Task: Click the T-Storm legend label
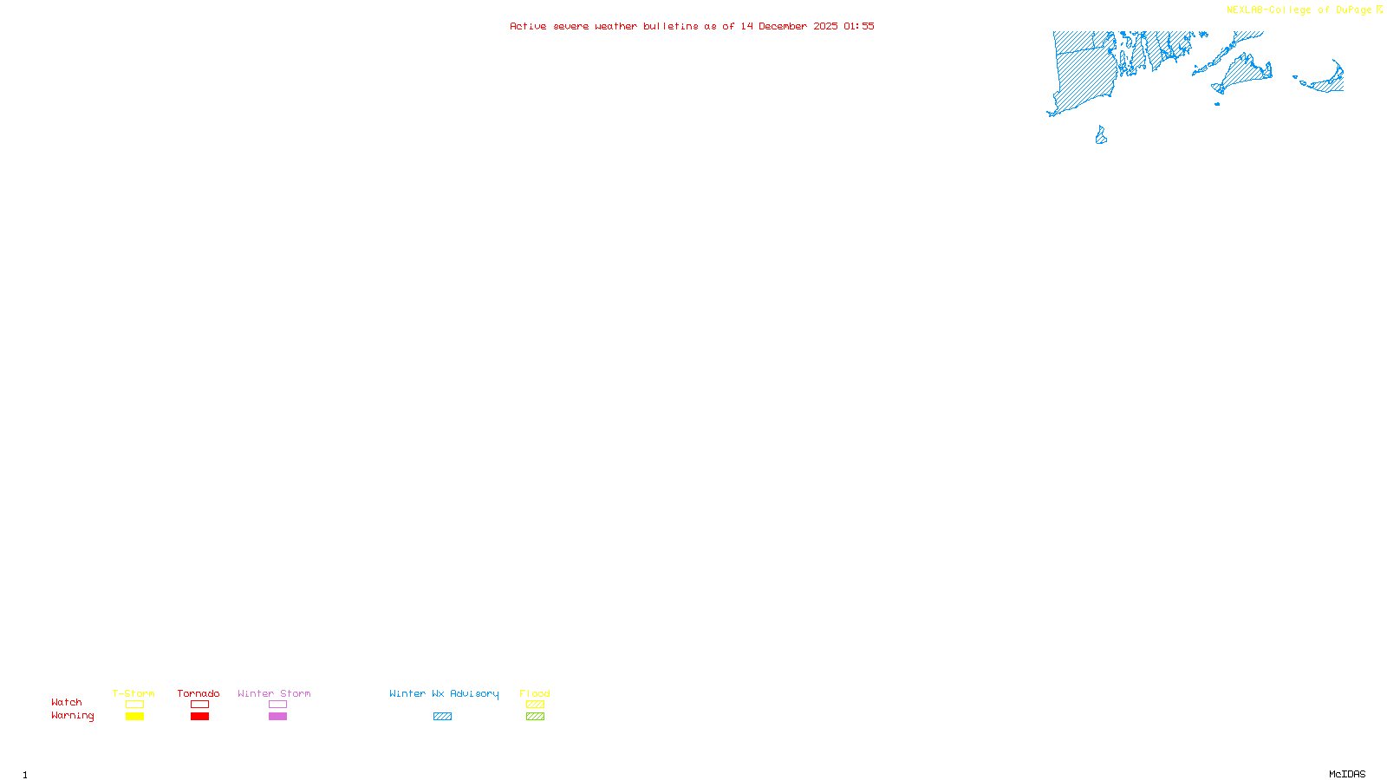[x=133, y=693]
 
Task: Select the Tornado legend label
[x=199, y=693]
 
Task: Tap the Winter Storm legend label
[x=274, y=693]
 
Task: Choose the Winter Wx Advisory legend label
[x=444, y=693]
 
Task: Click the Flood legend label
[x=535, y=693]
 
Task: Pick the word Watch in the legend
[x=67, y=702]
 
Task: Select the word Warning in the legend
[x=72, y=716]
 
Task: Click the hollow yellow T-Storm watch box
[x=134, y=705]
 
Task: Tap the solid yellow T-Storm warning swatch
[x=134, y=717]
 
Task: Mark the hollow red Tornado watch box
[x=199, y=705]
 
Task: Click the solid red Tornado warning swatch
[x=199, y=717]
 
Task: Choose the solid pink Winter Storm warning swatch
[x=277, y=717]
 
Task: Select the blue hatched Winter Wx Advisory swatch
[x=442, y=717]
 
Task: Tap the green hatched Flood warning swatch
[x=535, y=717]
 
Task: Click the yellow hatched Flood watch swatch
[x=535, y=705]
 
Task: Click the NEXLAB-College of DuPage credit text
[x=1299, y=10]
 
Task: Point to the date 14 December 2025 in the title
[x=789, y=26]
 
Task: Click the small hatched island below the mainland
[x=1101, y=136]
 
